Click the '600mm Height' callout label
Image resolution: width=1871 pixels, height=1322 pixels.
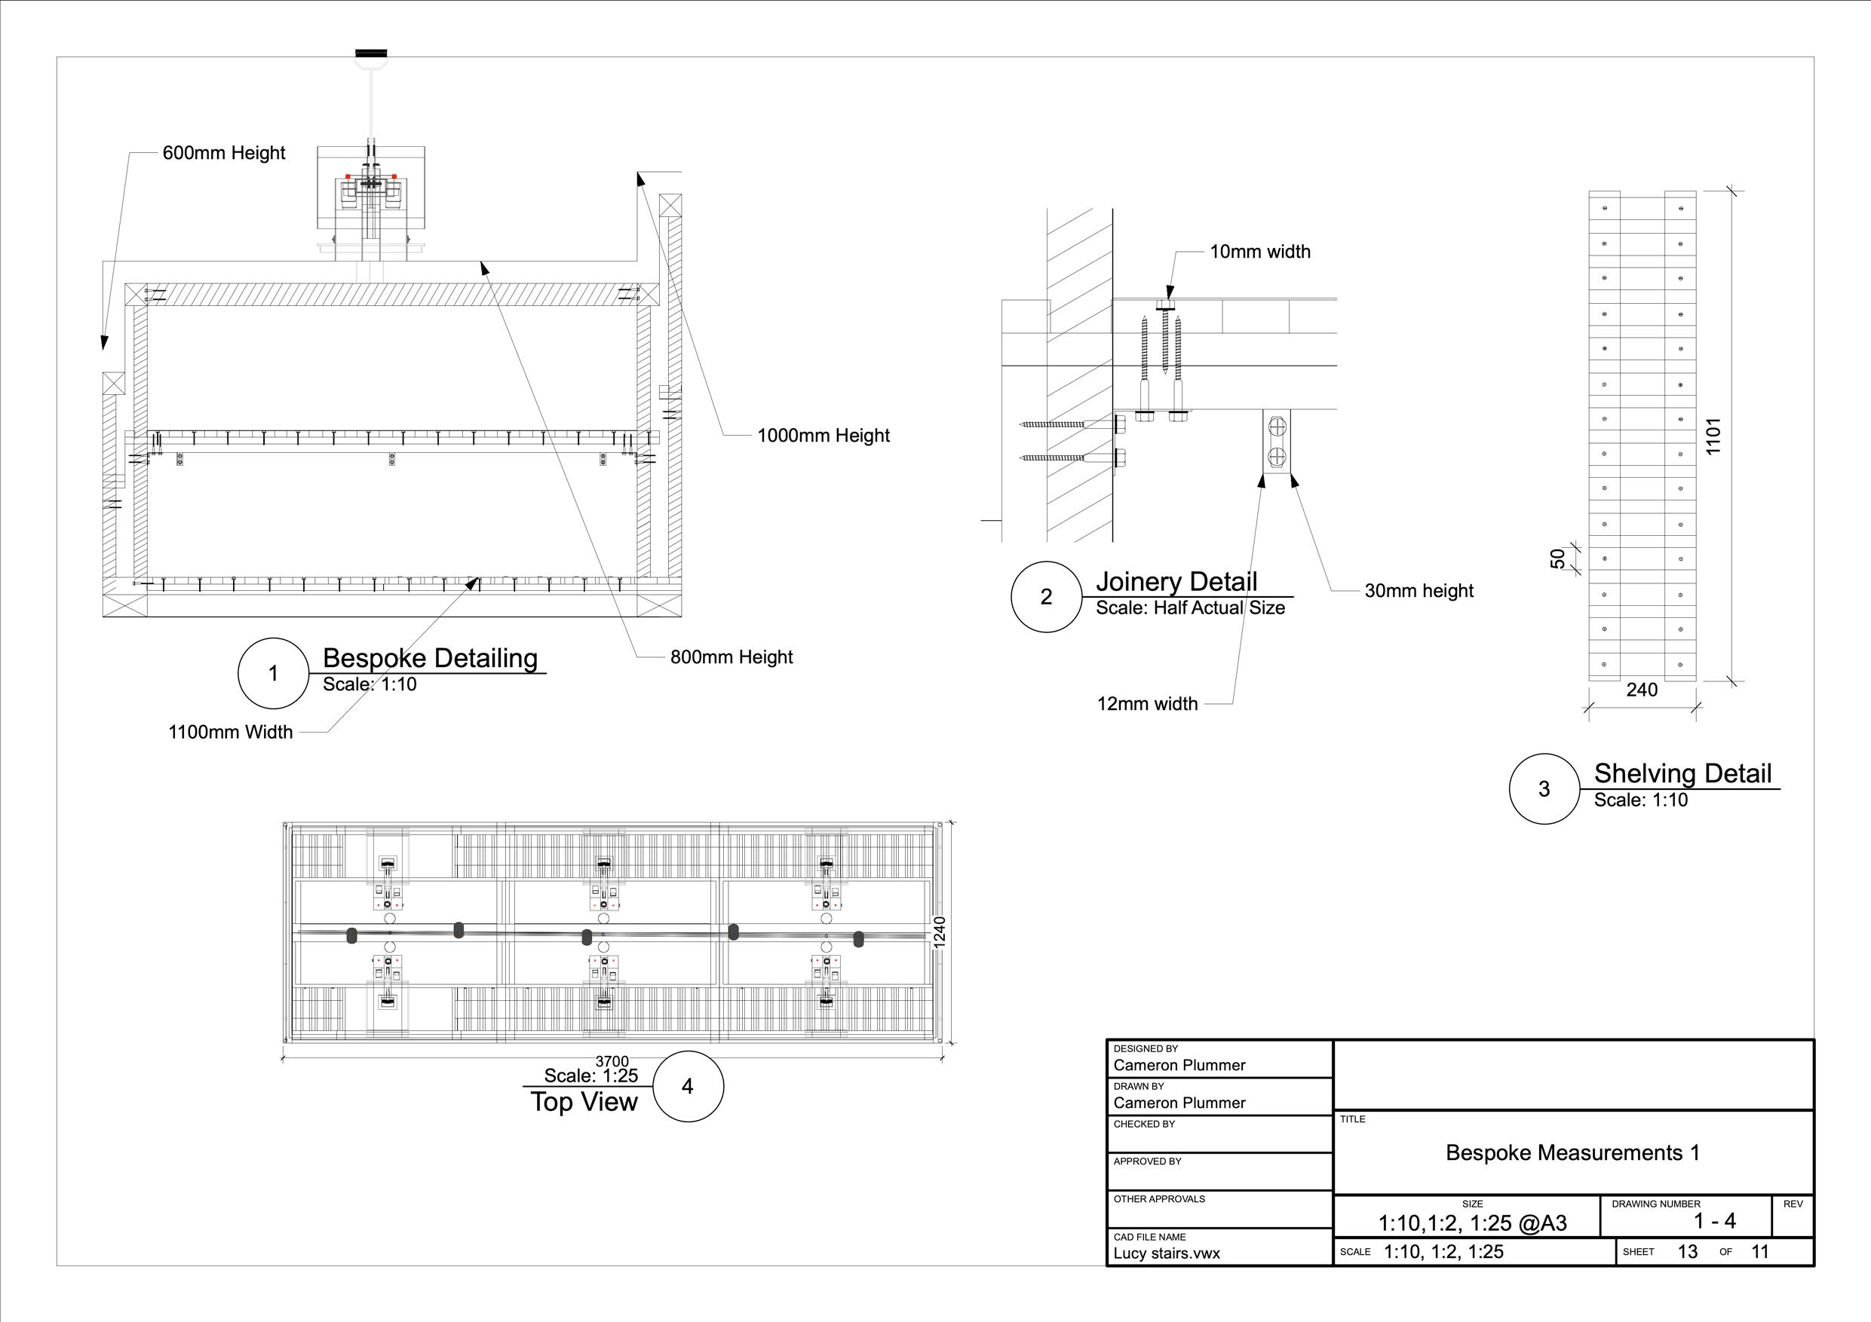pos(224,153)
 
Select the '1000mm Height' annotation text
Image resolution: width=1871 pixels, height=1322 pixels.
pos(823,436)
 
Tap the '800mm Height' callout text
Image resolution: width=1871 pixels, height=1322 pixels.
pos(731,657)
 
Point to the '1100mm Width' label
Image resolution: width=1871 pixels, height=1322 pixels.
pos(231,733)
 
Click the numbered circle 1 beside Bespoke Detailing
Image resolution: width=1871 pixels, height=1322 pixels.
pos(273,674)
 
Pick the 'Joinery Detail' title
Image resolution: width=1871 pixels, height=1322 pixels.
pos(1176,582)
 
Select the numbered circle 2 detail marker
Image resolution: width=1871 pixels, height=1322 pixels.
pos(1046,597)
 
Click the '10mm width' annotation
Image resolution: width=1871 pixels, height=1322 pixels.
pos(1260,252)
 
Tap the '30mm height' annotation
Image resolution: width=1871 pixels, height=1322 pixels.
pos(1419,592)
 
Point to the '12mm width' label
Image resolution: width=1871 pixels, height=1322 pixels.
pos(1147,704)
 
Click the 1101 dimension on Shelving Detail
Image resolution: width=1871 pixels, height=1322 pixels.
pos(1712,436)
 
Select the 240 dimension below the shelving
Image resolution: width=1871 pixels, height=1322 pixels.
pos(1641,690)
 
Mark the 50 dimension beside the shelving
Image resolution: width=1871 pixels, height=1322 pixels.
pos(1557,558)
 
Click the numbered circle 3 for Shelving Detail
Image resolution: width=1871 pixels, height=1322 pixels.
pos(1544,789)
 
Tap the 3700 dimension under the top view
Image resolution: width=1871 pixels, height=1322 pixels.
pos(612,1061)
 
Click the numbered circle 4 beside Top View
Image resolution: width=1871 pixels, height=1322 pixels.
pos(688,1087)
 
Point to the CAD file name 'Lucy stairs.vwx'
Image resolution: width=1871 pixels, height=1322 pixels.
pos(1167,1253)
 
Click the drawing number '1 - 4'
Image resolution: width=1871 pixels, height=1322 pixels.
pos(1715,1221)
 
